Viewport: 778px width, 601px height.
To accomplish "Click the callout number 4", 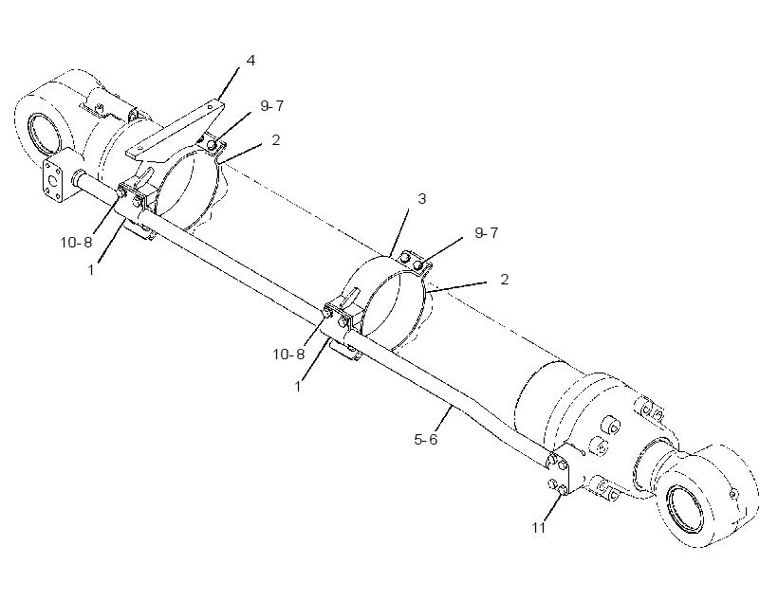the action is pyautogui.click(x=250, y=61).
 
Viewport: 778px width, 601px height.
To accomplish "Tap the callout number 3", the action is pyautogui.click(x=422, y=199).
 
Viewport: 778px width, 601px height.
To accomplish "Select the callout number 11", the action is pyautogui.click(x=539, y=528).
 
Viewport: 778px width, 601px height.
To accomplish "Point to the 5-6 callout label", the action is pyautogui.click(x=426, y=439).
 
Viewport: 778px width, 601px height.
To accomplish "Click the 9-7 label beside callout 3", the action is pyautogui.click(x=486, y=232).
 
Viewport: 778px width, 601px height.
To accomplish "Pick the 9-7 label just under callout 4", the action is pyautogui.click(x=272, y=105).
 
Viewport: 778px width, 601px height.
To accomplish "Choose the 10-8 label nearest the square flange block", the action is pyautogui.click(x=77, y=243).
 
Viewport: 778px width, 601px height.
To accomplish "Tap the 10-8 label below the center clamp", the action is pyautogui.click(x=288, y=354).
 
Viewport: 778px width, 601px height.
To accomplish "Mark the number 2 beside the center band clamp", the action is pyautogui.click(x=505, y=280).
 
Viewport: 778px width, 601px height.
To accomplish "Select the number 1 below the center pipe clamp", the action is pyautogui.click(x=298, y=386).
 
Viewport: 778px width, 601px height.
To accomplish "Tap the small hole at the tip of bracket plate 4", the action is pyautogui.click(x=212, y=106).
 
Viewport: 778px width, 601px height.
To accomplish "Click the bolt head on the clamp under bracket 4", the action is pyautogui.click(x=213, y=145).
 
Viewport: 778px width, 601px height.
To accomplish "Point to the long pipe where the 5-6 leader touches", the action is pyautogui.click(x=452, y=406).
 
